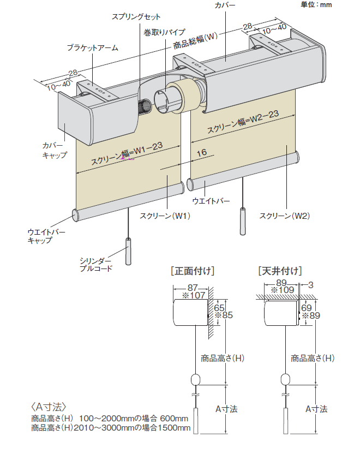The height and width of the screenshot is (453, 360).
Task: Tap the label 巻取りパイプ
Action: point(164,32)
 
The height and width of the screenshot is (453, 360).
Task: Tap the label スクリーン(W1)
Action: point(164,216)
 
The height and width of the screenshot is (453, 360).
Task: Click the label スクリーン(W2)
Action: point(284,215)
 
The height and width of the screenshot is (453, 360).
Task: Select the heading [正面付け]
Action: point(193,270)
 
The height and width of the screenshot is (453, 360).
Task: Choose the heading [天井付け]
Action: point(280,270)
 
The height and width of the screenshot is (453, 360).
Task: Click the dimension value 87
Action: point(192,288)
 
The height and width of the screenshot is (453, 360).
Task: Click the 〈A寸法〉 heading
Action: point(49,407)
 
